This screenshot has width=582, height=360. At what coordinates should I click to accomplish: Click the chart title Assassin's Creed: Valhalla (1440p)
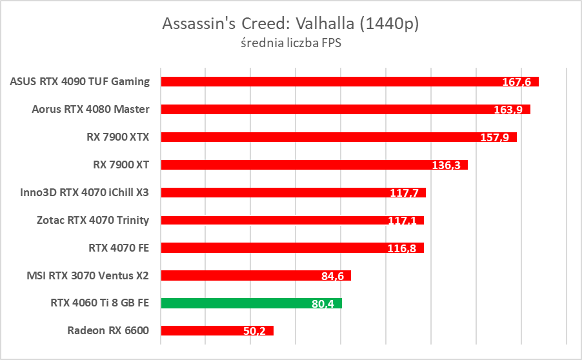(290, 24)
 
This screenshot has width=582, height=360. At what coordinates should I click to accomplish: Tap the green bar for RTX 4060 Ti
(251, 303)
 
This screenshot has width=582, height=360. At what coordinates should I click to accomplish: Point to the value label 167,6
(518, 82)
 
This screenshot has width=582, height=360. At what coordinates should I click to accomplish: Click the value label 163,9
(510, 110)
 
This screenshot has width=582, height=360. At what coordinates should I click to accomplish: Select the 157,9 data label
(496, 137)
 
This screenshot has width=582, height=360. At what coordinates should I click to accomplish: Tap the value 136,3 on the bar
(447, 165)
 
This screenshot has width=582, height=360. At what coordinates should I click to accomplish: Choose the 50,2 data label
(254, 332)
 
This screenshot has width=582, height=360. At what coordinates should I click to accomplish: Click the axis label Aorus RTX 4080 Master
(90, 109)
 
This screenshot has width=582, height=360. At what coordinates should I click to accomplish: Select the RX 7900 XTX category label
(117, 137)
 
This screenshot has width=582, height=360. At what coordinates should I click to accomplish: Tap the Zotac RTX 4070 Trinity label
(93, 220)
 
